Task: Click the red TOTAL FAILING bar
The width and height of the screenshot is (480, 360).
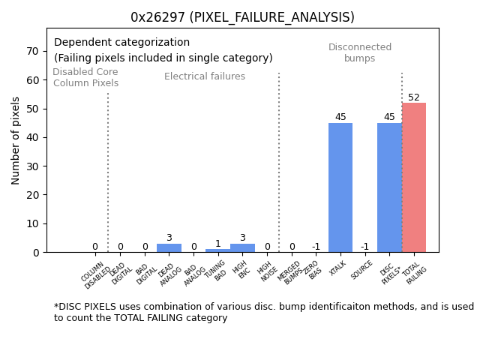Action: (x=414, y=178)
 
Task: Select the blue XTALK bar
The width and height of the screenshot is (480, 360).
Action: (x=340, y=187)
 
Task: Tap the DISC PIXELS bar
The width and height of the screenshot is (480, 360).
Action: (x=389, y=187)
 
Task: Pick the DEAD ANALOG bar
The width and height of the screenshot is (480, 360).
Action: (x=169, y=247)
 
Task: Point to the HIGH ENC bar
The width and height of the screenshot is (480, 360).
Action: (x=242, y=247)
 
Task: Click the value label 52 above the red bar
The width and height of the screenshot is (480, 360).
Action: (x=414, y=97)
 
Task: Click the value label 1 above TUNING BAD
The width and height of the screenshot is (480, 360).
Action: (x=217, y=244)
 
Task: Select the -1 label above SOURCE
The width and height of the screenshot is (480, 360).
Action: (x=364, y=247)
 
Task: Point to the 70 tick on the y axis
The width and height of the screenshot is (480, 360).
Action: (x=34, y=51)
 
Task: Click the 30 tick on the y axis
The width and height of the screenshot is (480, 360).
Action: (x=34, y=166)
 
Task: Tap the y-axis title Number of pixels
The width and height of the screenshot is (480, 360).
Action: (x=16, y=140)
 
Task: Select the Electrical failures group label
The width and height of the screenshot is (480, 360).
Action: (x=205, y=76)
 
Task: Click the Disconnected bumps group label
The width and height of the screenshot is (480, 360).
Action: (x=360, y=52)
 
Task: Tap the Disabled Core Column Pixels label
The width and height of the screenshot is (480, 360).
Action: (x=85, y=77)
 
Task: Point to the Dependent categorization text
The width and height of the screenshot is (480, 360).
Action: (x=121, y=43)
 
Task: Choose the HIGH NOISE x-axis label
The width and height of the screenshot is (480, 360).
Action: (x=265, y=271)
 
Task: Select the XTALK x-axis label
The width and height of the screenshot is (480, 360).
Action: (x=338, y=268)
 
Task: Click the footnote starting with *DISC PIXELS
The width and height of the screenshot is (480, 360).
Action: (x=263, y=312)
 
